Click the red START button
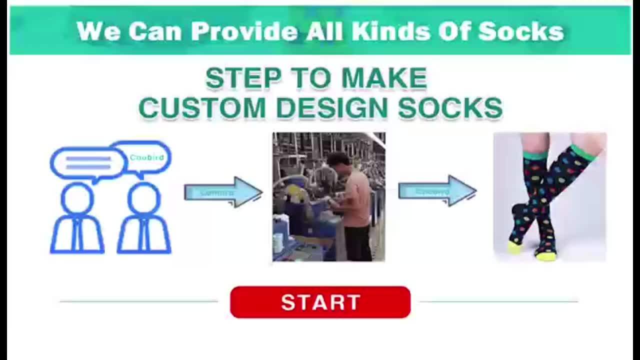(x=320, y=302)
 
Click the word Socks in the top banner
(x=520, y=31)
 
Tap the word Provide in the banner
(x=244, y=31)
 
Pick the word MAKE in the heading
(x=384, y=78)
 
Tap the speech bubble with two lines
(x=88, y=163)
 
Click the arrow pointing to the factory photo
(x=223, y=192)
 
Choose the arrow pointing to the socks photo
(x=437, y=191)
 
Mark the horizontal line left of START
(x=139, y=301)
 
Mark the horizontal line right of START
(x=499, y=301)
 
